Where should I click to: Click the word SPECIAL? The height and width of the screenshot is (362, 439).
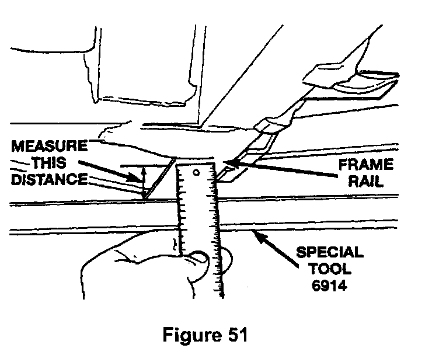(329, 253)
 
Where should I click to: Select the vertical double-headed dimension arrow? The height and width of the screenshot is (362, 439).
(142, 180)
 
